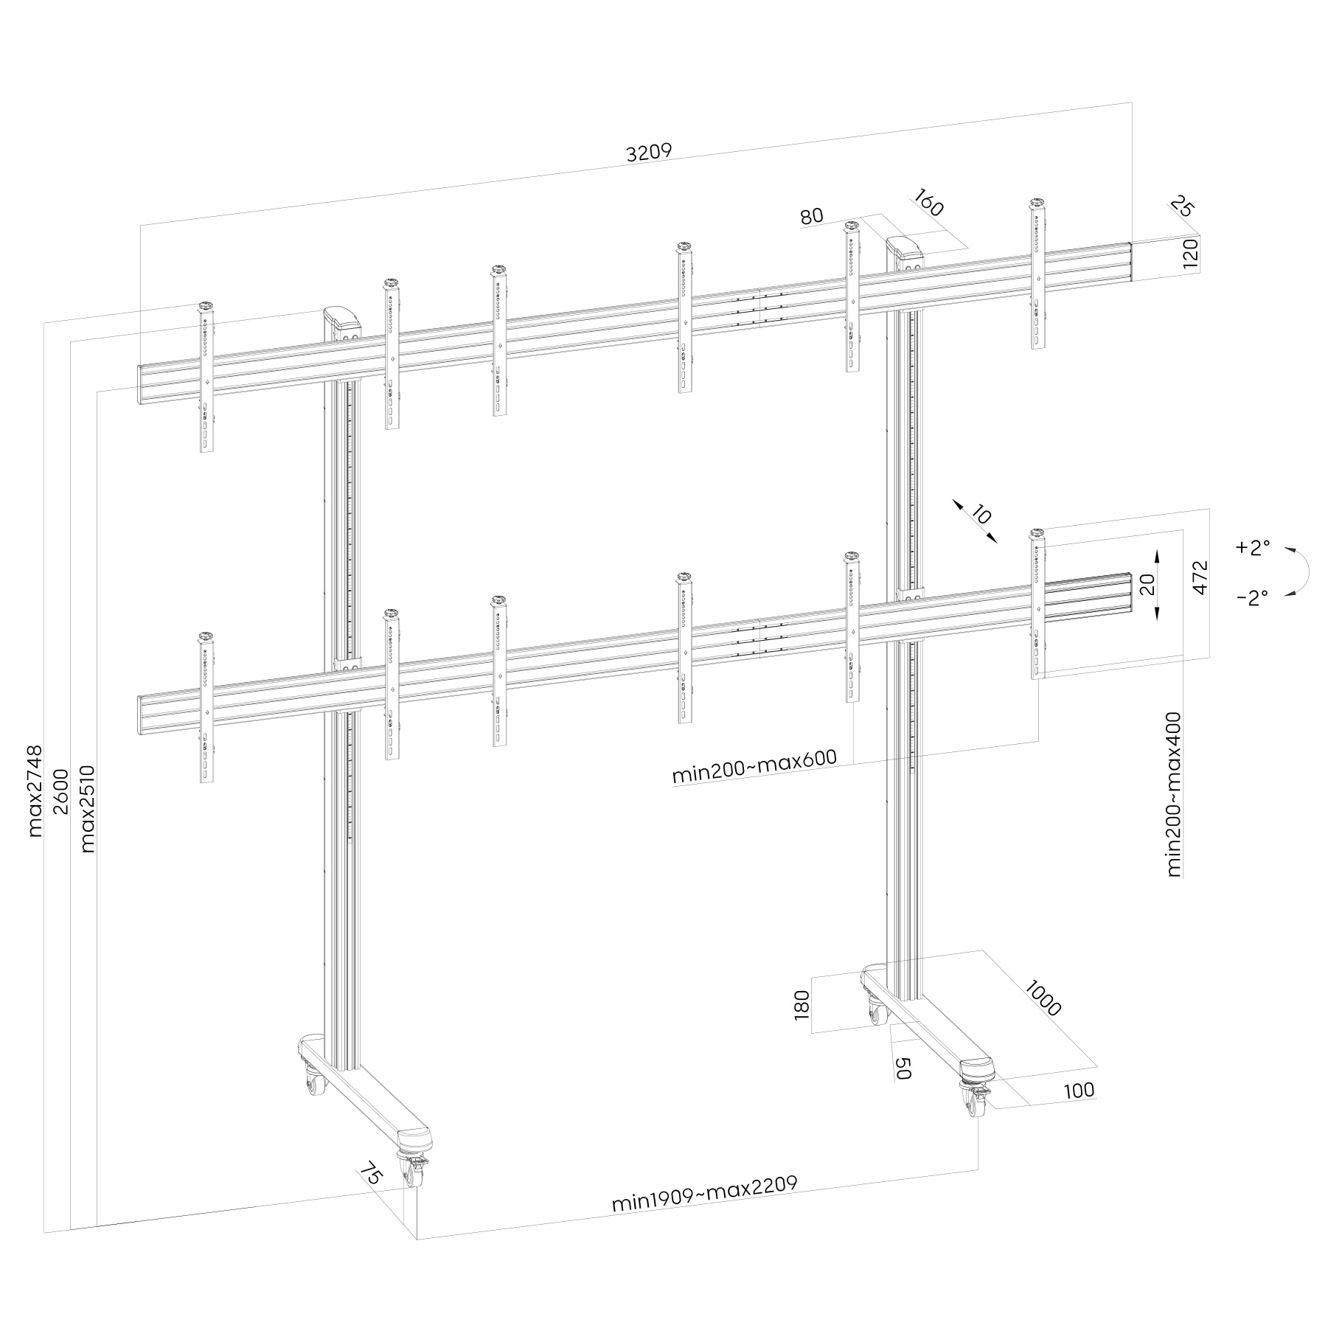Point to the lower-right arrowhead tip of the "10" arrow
[997, 543]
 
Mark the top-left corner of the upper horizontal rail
[138, 364]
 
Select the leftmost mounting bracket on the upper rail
[206, 377]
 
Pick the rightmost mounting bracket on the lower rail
[1038, 604]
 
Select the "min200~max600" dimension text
[754, 767]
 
